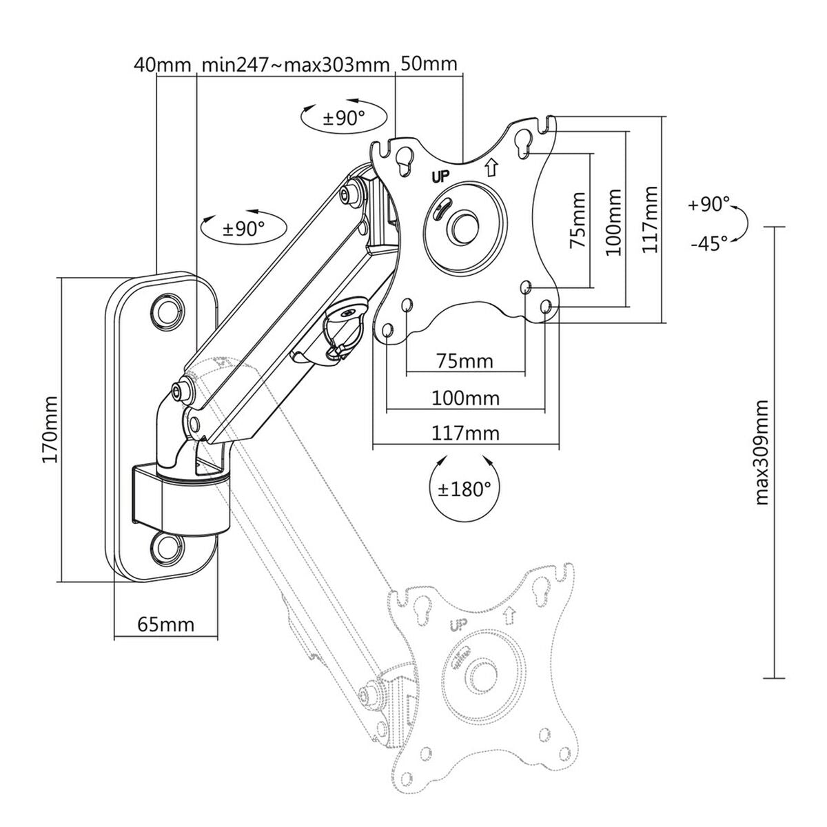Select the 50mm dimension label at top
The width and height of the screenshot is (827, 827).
(429, 63)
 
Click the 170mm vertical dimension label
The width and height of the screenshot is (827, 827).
(50, 429)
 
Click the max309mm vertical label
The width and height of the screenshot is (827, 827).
(762, 452)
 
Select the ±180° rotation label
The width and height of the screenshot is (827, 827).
(466, 489)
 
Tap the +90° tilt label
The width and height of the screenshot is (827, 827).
(708, 205)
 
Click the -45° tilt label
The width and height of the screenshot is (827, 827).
(708, 243)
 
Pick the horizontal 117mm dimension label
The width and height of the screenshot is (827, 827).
(465, 433)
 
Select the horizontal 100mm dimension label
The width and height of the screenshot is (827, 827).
(465, 398)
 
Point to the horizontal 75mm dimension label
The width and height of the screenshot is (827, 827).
(465, 361)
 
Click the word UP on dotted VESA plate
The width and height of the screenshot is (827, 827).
(457, 626)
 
